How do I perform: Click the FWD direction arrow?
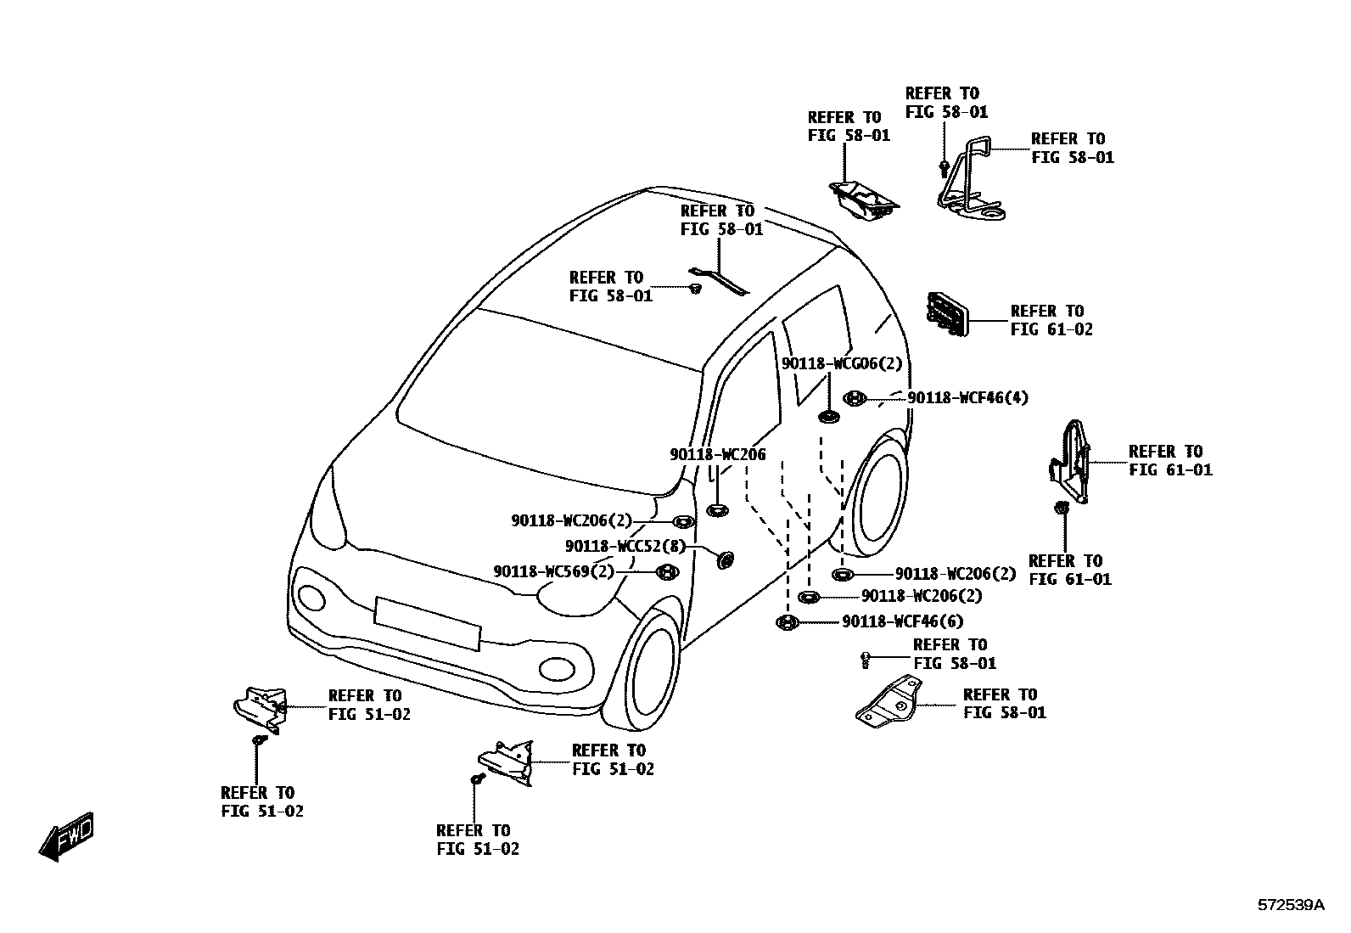point(66,837)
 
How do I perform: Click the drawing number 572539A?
point(1290,905)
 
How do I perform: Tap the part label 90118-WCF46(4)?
point(967,397)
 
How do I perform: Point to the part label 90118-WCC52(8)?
point(625,546)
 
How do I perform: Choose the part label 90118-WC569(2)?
point(553,572)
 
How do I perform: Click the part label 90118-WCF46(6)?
point(902,622)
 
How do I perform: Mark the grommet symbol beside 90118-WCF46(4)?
point(855,397)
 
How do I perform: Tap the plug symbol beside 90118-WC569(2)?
point(668,572)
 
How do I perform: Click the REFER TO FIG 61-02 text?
point(1051,320)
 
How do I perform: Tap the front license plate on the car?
point(427,622)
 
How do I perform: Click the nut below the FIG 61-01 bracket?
point(1061,508)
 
